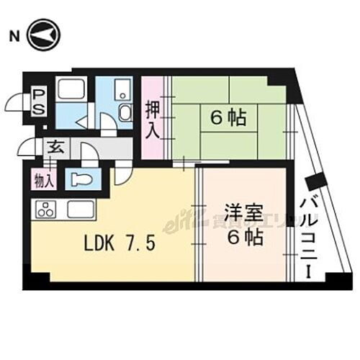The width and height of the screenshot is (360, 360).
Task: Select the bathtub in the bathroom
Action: click(71, 91)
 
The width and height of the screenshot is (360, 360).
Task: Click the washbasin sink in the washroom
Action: click(124, 112)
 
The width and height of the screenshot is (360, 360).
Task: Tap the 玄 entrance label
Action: click(55, 147)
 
